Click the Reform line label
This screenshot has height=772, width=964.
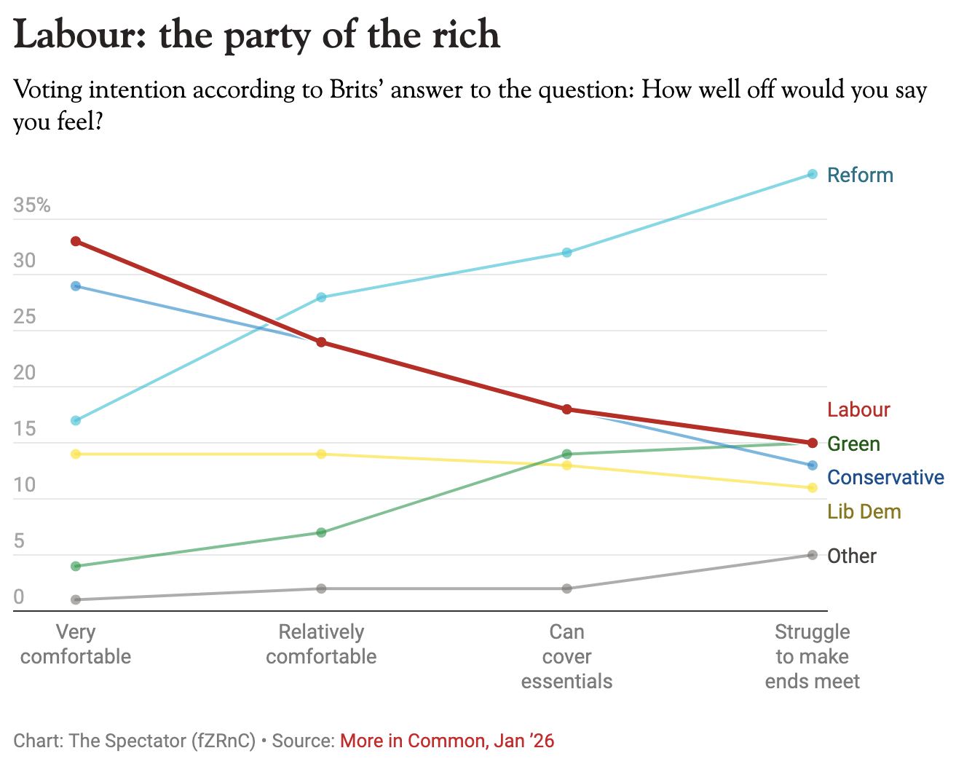pyautogui.click(x=860, y=175)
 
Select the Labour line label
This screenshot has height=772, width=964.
pyautogui.click(x=858, y=409)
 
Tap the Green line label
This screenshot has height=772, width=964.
pyautogui.click(x=853, y=444)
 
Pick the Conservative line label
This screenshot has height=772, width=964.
pyautogui.click(x=885, y=477)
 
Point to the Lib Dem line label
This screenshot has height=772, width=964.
pyautogui.click(x=864, y=511)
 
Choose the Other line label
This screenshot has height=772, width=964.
pyautogui.click(x=852, y=556)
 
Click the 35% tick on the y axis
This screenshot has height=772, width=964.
pyautogui.click(x=32, y=205)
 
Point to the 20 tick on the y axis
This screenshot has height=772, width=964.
pyautogui.click(x=24, y=372)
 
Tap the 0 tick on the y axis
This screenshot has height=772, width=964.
pyautogui.click(x=18, y=596)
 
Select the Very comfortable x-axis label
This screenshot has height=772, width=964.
pyautogui.click(x=76, y=645)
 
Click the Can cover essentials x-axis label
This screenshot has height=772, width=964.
pyautogui.click(x=566, y=656)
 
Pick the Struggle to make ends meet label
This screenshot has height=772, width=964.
pyautogui.click(x=812, y=656)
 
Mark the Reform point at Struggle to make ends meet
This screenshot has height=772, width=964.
pyautogui.click(x=812, y=174)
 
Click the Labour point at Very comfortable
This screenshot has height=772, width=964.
pyautogui.click(x=76, y=241)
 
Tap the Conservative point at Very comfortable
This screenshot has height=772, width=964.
pyautogui.click(x=76, y=286)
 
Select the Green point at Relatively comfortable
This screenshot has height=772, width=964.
pyautogui.click(x=321, y=532)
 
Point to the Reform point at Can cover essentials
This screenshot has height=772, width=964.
pyautogui.click(x=566, y=252)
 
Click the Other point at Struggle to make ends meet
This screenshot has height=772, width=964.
pyautogui.click(x=812, y=555)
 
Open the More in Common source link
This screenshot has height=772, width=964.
pyautogui.click(x=447, y=741)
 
